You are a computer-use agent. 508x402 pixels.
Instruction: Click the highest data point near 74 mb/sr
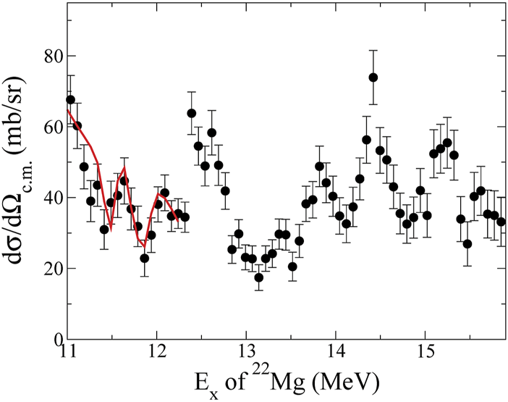[x=373, y=78]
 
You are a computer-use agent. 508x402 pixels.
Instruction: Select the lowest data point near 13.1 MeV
[x=259, y=277]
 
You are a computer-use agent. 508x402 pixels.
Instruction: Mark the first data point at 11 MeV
[x=70, y=100]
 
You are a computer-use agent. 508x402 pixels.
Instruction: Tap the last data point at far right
[x=501, y=222]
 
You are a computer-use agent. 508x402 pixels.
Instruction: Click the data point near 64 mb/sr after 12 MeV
[x=192, y=113]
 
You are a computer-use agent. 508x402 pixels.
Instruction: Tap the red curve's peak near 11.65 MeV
[x=124, y=169]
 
